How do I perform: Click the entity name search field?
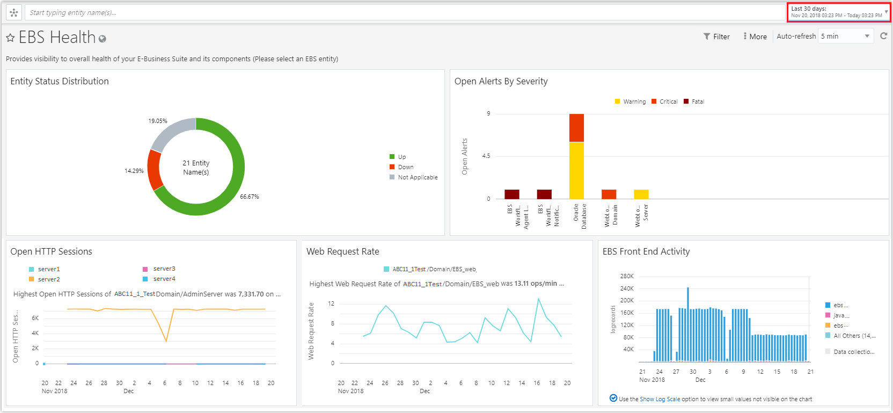[x=376, y=12]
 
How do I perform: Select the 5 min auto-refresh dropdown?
[x=845, y=37]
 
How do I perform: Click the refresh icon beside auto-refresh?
[x=883, y=36]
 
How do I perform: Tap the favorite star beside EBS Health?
[x=10, y=38]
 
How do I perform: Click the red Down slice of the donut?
[x=153, y=170]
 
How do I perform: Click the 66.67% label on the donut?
[x=250, y=197]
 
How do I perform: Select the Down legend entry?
[x=405, y=167]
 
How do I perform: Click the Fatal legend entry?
[x=697, y=102]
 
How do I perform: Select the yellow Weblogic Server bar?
[x=641, y=194]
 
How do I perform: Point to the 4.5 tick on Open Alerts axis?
[x=486, y=156]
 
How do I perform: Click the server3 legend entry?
[x=164, y=269]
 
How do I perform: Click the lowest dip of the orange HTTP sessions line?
[x=166, y=340]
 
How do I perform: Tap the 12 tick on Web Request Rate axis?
[x=331, y=303]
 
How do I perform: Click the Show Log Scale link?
[x=660, y=399]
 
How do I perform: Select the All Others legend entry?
[x=854, y=336]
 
